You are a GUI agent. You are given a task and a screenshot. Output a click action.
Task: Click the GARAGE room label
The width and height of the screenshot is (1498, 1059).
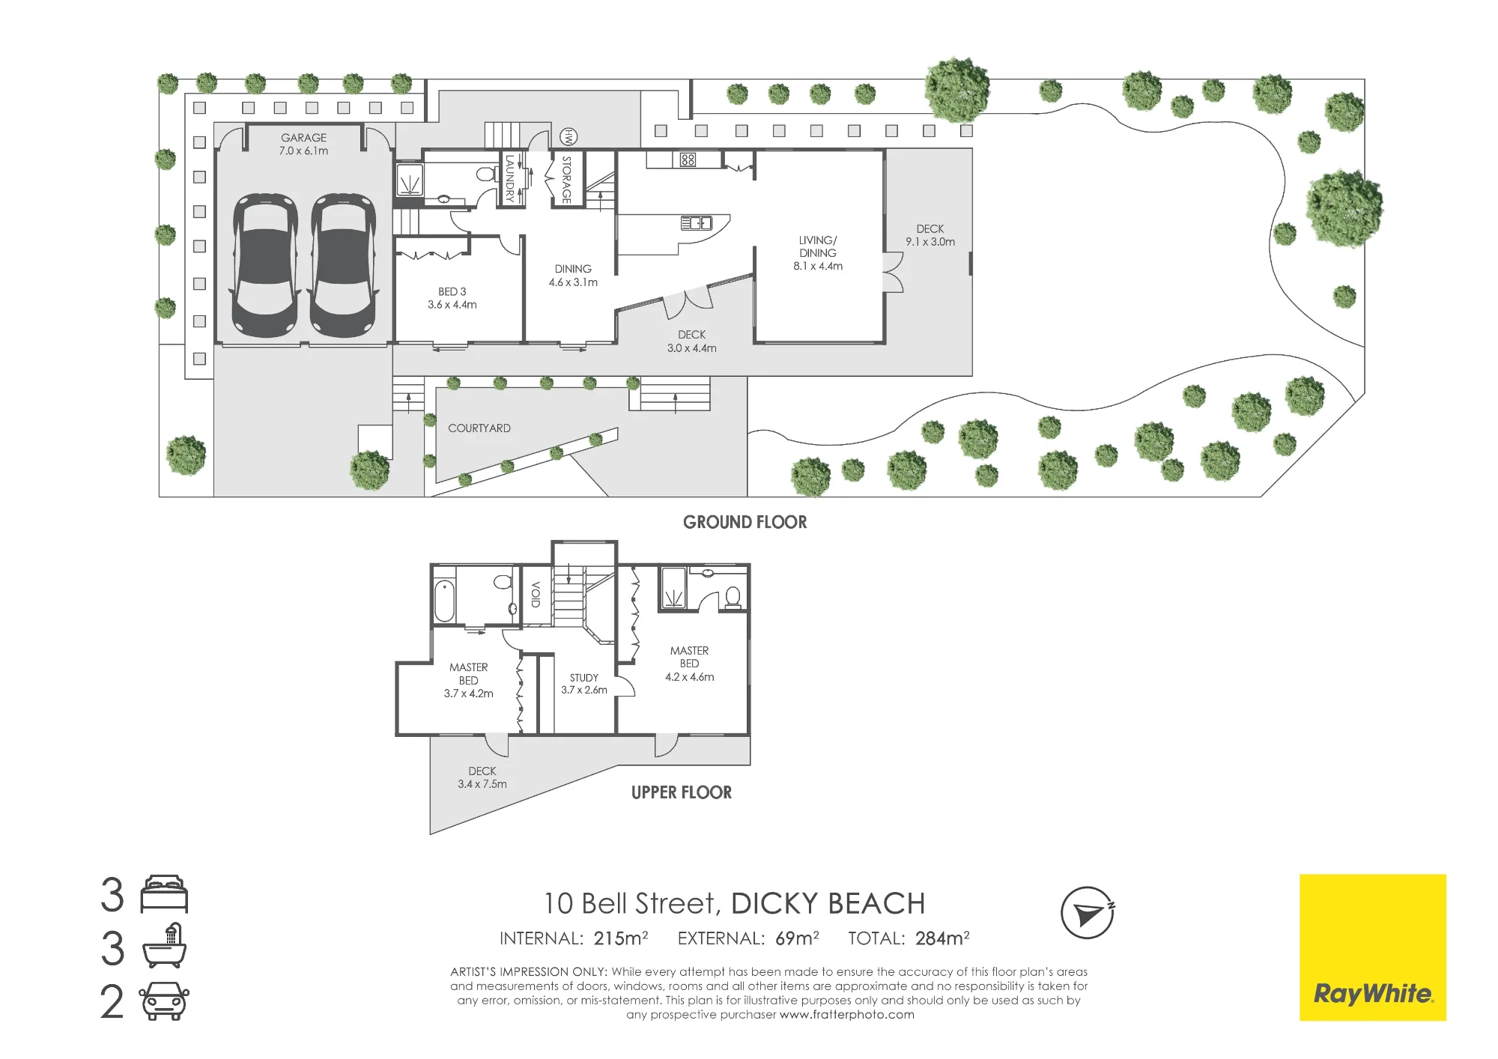[304, 138]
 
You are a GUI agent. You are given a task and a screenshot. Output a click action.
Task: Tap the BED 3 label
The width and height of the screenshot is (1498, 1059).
[452, 291]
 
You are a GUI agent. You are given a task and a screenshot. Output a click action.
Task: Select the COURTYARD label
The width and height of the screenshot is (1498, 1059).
[479, 428]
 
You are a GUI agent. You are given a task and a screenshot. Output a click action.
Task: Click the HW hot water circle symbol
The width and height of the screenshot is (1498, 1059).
[569, 137]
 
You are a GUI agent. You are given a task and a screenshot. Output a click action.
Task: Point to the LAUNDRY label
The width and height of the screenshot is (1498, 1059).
[510, 178]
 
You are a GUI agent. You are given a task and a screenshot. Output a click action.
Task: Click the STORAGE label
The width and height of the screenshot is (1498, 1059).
[567, 180]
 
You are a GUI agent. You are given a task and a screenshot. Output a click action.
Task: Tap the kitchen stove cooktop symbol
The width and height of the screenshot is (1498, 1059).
[688, 160]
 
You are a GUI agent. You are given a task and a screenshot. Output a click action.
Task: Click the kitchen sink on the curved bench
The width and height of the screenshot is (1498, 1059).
[696, 223]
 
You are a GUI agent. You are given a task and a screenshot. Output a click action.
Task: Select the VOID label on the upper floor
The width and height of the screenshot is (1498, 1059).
[536, 595]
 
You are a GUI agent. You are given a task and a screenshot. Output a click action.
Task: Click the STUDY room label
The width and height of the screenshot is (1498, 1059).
[584, 678]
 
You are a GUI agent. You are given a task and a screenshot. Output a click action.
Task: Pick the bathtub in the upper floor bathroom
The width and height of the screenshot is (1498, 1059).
[444, 601]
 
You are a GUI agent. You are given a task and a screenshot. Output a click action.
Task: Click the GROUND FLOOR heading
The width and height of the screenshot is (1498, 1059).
[745, 523]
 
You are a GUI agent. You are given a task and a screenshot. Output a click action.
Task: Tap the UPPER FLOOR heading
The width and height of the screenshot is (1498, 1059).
[682, 792]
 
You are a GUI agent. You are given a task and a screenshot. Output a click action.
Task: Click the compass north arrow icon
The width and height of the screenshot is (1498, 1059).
[1088, 913]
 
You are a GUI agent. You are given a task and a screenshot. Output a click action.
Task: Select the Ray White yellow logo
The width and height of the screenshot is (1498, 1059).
[1373, 947]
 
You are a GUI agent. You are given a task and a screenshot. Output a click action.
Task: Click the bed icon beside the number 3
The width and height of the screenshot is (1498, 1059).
[165, 893]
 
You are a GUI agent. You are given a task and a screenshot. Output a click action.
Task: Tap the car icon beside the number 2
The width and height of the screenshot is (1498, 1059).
[165, 1001]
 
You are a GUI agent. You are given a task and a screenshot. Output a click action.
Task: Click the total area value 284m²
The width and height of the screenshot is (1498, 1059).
[942, 938]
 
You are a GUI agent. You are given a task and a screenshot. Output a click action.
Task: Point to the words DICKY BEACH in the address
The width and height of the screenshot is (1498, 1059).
[828, 904]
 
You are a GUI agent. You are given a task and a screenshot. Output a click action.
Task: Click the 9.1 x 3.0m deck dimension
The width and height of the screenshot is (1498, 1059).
[930, 242]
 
